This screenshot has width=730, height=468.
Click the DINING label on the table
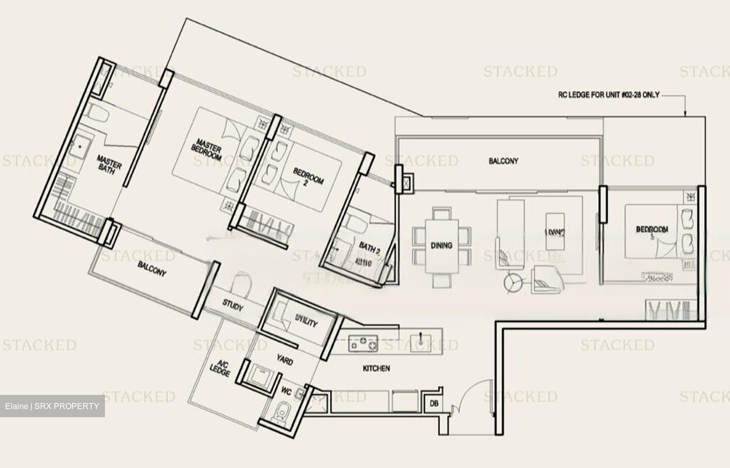pyautogui.click(x=442, y=245)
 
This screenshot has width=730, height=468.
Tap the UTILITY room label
pyautogui.click(x=306, y=322)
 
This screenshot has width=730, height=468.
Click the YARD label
pyautogui.click(x=284, y=361)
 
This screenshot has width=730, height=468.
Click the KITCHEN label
pyautogui.click(x=377, y=368)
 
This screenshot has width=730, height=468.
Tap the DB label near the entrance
pyautogui.click(x=434, y=404)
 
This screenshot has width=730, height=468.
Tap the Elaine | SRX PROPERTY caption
pyautogui.click(x=52, y=406)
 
